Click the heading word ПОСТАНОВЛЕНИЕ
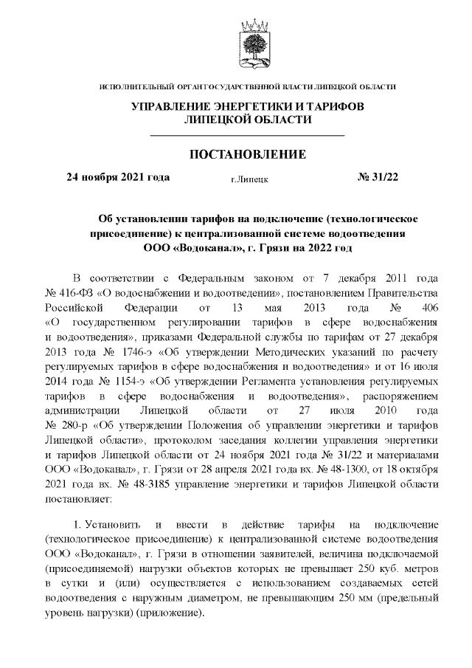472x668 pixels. pos(248,154)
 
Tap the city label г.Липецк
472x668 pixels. pos(249,179)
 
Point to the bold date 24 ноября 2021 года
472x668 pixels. pos(118,177)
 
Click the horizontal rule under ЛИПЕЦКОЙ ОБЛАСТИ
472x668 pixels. pos(248,137)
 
